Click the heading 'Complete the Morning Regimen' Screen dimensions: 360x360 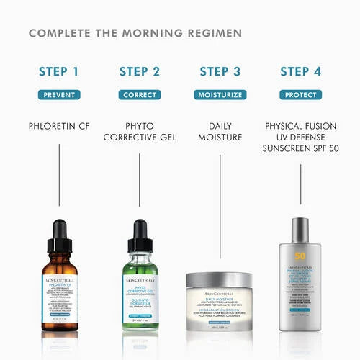(135, 33)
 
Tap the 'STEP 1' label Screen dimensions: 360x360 (58, 71)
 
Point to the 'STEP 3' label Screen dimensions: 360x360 (220, 71)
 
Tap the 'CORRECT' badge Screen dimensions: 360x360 (140, 94)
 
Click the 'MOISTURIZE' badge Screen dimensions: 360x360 (220, 94)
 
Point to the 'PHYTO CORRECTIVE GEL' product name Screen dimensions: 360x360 (140, 131)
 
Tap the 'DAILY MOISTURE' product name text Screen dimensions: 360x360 (220, 131)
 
